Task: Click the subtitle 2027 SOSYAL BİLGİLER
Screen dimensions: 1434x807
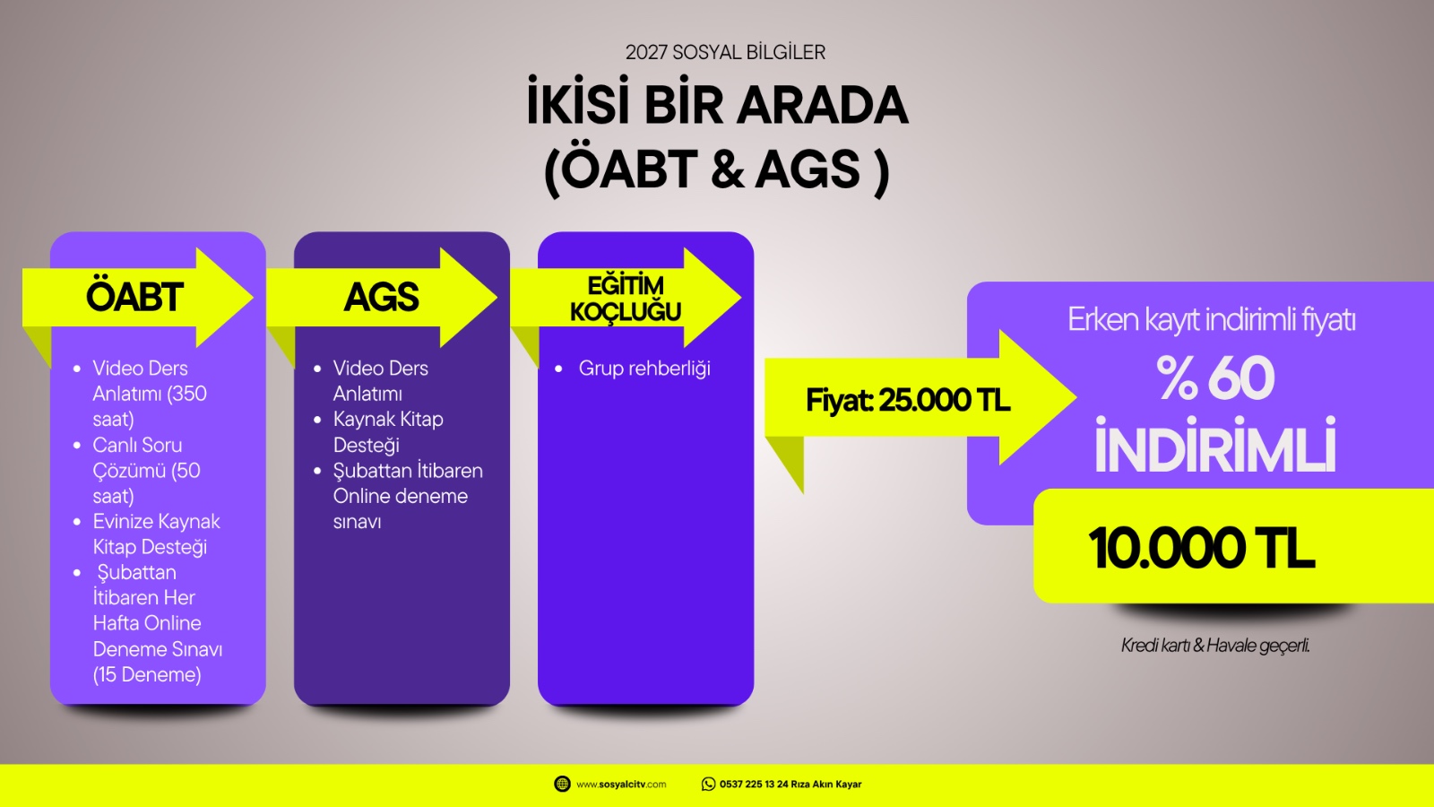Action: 725,52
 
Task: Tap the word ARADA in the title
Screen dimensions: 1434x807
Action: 822,106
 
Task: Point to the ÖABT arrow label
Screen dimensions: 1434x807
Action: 134,297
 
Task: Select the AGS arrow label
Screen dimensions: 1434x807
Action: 382,297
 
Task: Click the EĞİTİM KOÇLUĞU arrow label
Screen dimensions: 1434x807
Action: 626,299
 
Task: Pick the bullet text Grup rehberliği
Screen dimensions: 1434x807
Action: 644,369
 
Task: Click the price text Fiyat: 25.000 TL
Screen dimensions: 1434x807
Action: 908,400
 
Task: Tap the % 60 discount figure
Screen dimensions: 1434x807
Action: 1215,377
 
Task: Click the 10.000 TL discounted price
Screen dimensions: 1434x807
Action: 1202,548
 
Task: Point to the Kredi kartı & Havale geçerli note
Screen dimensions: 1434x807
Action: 1215,646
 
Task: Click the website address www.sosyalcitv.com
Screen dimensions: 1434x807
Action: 621,785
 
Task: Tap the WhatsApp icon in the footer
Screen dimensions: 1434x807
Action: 708,784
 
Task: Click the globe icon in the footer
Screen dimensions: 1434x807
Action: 562,784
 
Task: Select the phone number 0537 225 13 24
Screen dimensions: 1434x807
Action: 754,784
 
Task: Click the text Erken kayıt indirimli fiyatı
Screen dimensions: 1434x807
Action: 1211,319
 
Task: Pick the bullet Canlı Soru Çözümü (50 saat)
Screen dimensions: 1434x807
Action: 147,471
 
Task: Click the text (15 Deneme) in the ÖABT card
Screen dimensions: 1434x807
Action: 147,674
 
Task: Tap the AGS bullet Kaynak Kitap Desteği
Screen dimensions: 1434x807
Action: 388,432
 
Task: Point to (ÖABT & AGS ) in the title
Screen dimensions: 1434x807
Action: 716,170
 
